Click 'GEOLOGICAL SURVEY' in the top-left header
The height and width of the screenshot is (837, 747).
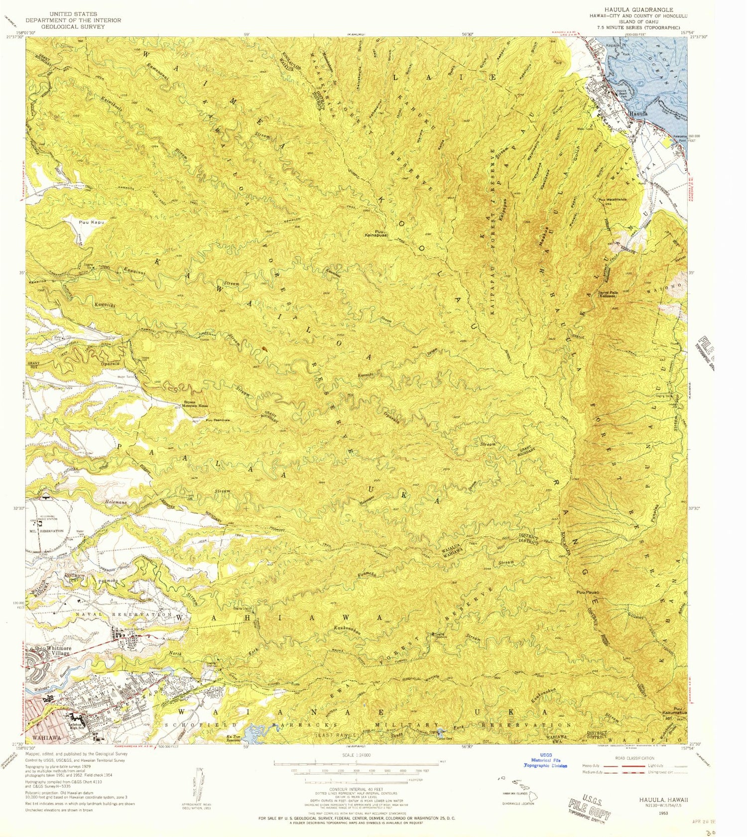click(73, 27)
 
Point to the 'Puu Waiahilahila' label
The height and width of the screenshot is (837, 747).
click(612, 200)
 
